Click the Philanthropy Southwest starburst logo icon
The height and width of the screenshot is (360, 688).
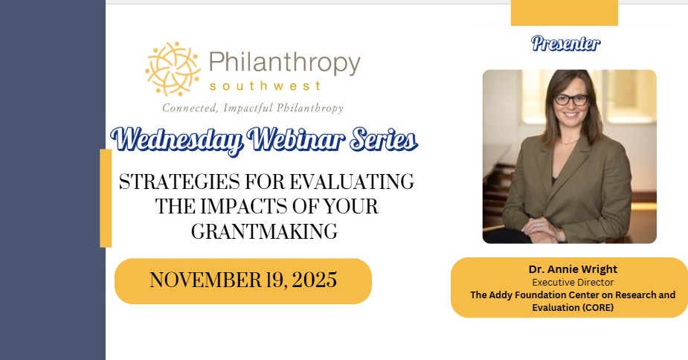(173, 69)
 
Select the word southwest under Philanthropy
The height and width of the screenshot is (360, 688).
(266, 86)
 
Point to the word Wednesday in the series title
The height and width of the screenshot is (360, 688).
(176, 141)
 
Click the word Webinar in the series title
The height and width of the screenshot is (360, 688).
(295, 139)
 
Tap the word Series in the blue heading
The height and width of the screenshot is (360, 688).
(384, 139)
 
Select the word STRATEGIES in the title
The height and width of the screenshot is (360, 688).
(179, 181)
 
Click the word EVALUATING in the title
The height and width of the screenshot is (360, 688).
(352, 181)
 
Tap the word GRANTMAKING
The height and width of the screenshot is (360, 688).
(264, 231)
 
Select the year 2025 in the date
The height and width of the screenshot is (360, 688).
(314, 280)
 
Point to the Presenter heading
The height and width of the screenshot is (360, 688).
(565, 43)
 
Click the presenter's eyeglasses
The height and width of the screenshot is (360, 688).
(571, 100)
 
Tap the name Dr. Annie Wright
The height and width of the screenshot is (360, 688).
(573, 269)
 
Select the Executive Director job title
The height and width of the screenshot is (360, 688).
(573, 283)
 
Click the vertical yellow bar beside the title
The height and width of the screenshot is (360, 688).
(106, 198)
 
